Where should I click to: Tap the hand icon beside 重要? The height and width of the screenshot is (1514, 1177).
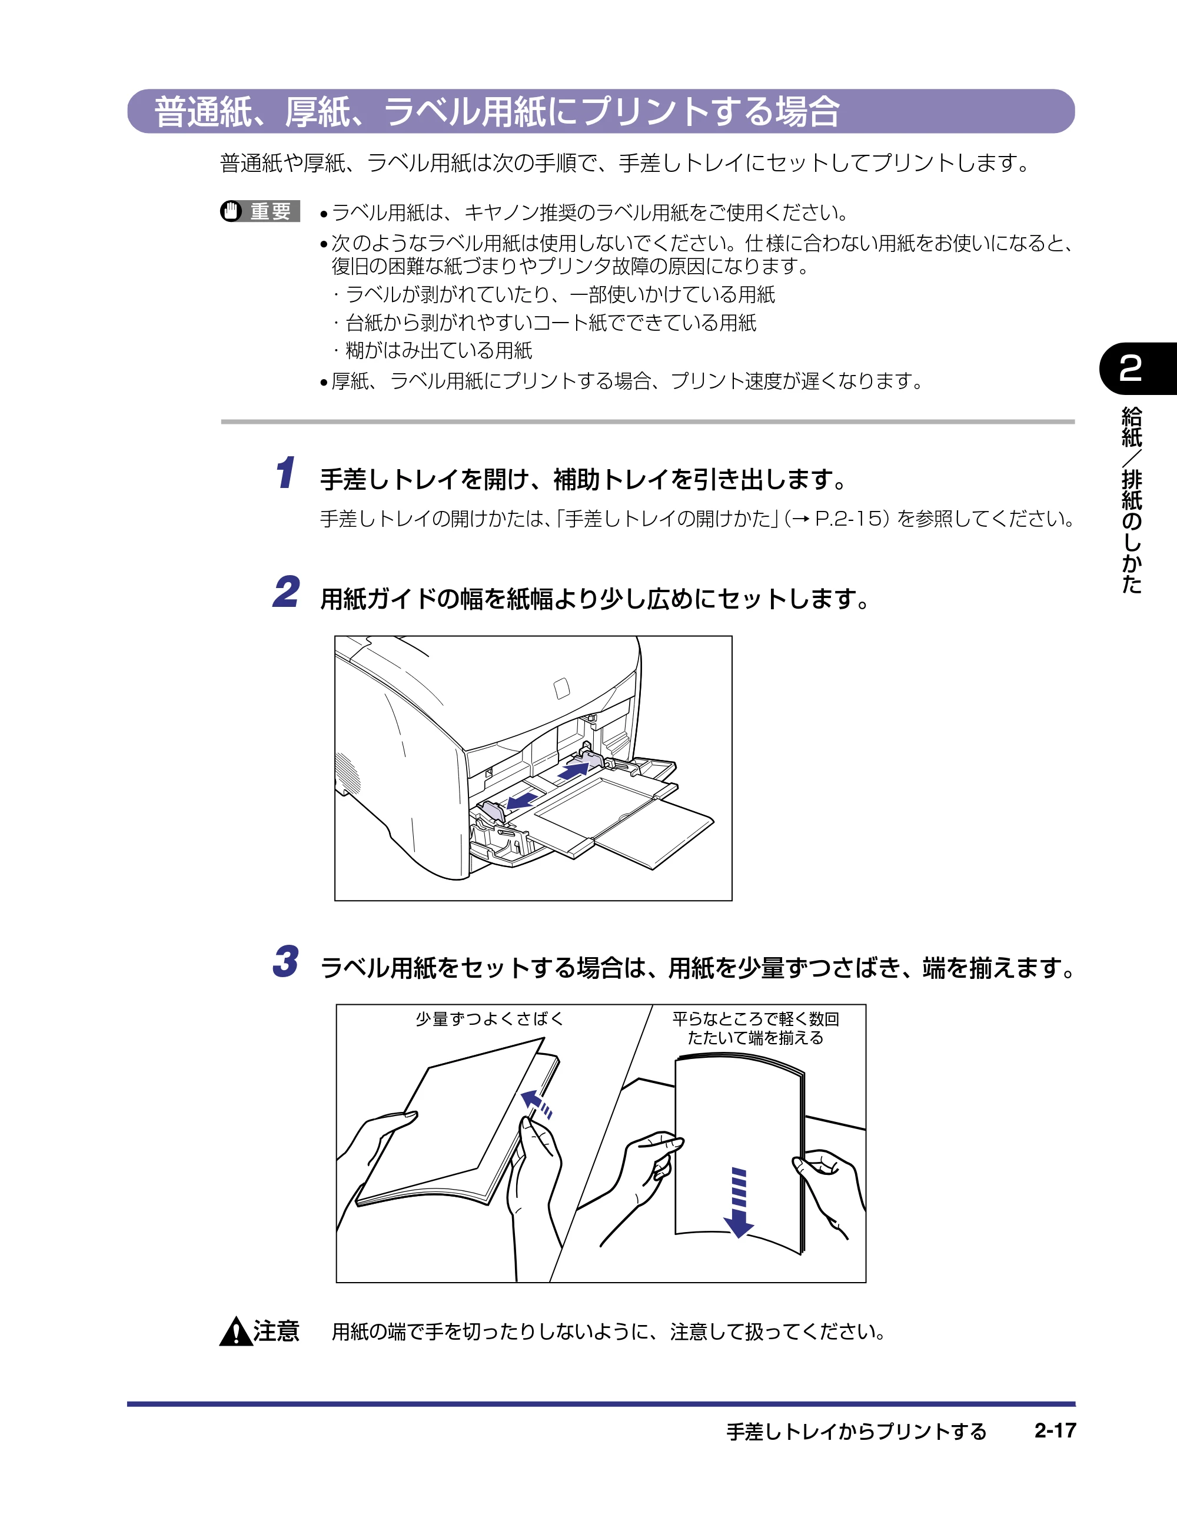[x=231, y=211]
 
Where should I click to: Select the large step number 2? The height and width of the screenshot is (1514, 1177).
[x=286, y=592]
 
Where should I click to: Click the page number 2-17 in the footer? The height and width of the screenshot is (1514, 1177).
[x=1055, y=1430]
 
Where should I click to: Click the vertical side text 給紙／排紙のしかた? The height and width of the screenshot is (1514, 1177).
[x=1131, y=500]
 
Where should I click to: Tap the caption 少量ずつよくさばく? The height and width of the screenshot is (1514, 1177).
[x=490, y=1018]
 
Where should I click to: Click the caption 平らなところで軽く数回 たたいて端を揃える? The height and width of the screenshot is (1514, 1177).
[x=756, y=1028]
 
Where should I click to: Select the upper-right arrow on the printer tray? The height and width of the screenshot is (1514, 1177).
[x=573, y=769]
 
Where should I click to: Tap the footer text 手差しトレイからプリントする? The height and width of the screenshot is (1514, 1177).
[x=856, y=1431]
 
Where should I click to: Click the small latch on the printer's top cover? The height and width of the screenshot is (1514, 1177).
[x=561, y=688]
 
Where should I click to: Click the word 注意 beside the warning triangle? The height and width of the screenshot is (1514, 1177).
[x=276, y=1331]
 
